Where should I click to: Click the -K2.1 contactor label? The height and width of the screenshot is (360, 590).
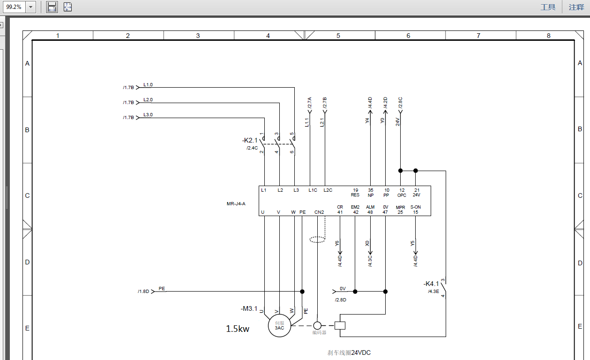(250, 140)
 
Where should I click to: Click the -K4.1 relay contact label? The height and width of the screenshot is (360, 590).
(431, 284)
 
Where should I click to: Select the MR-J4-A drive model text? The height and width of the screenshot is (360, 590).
(236, 204)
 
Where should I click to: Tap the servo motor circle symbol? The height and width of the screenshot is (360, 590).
(279, 325)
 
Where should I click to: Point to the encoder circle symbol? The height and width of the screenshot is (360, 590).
(318, 325)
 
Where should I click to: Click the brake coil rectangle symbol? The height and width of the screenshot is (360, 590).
(340, 325)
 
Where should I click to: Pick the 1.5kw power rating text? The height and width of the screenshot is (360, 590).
(238, 329)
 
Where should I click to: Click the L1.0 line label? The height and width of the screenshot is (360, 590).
(148, 85)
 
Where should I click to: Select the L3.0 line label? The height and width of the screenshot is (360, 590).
(148, 115)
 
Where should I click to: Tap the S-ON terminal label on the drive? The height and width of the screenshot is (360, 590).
(415, 207)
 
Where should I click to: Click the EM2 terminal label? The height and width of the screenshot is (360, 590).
(355, 207)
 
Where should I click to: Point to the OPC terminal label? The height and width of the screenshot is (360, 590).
(402, 195)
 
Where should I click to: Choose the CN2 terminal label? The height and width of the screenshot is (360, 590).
(319, 212)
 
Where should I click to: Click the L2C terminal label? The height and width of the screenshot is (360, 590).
(328, 190)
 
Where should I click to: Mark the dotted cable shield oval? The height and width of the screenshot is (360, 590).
(317, 240)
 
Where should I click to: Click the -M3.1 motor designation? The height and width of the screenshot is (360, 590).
(249, 308)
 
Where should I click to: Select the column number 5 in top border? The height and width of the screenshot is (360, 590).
(338, 36)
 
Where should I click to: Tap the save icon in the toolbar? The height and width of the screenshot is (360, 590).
(52, 7)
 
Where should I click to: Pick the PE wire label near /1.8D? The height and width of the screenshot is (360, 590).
(162, 288)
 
